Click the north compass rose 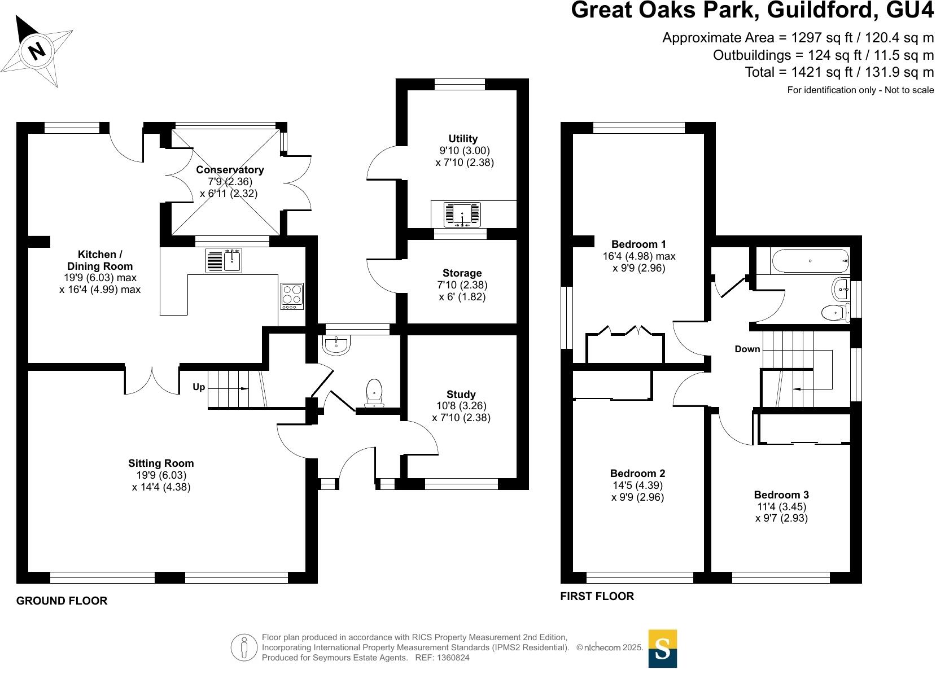click(37, 51)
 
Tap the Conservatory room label click(230, 170)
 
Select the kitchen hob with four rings click(292, 295)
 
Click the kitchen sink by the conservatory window click(224, 260)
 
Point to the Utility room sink click(463, 215)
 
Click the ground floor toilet click(374, 393)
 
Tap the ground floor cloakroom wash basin click(337, 345)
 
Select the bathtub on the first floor click(810, 261)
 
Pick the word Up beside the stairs click(199, 387)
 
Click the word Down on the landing click(747, 349)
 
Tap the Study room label click(461, 394)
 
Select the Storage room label click(462, 273)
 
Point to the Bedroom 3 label click(781, 495)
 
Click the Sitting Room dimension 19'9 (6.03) click(161, 475)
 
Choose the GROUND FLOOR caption click(62, 601)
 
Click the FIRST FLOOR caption click(597, 597)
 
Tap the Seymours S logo click(662, 649)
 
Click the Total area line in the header click(839, 72)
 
